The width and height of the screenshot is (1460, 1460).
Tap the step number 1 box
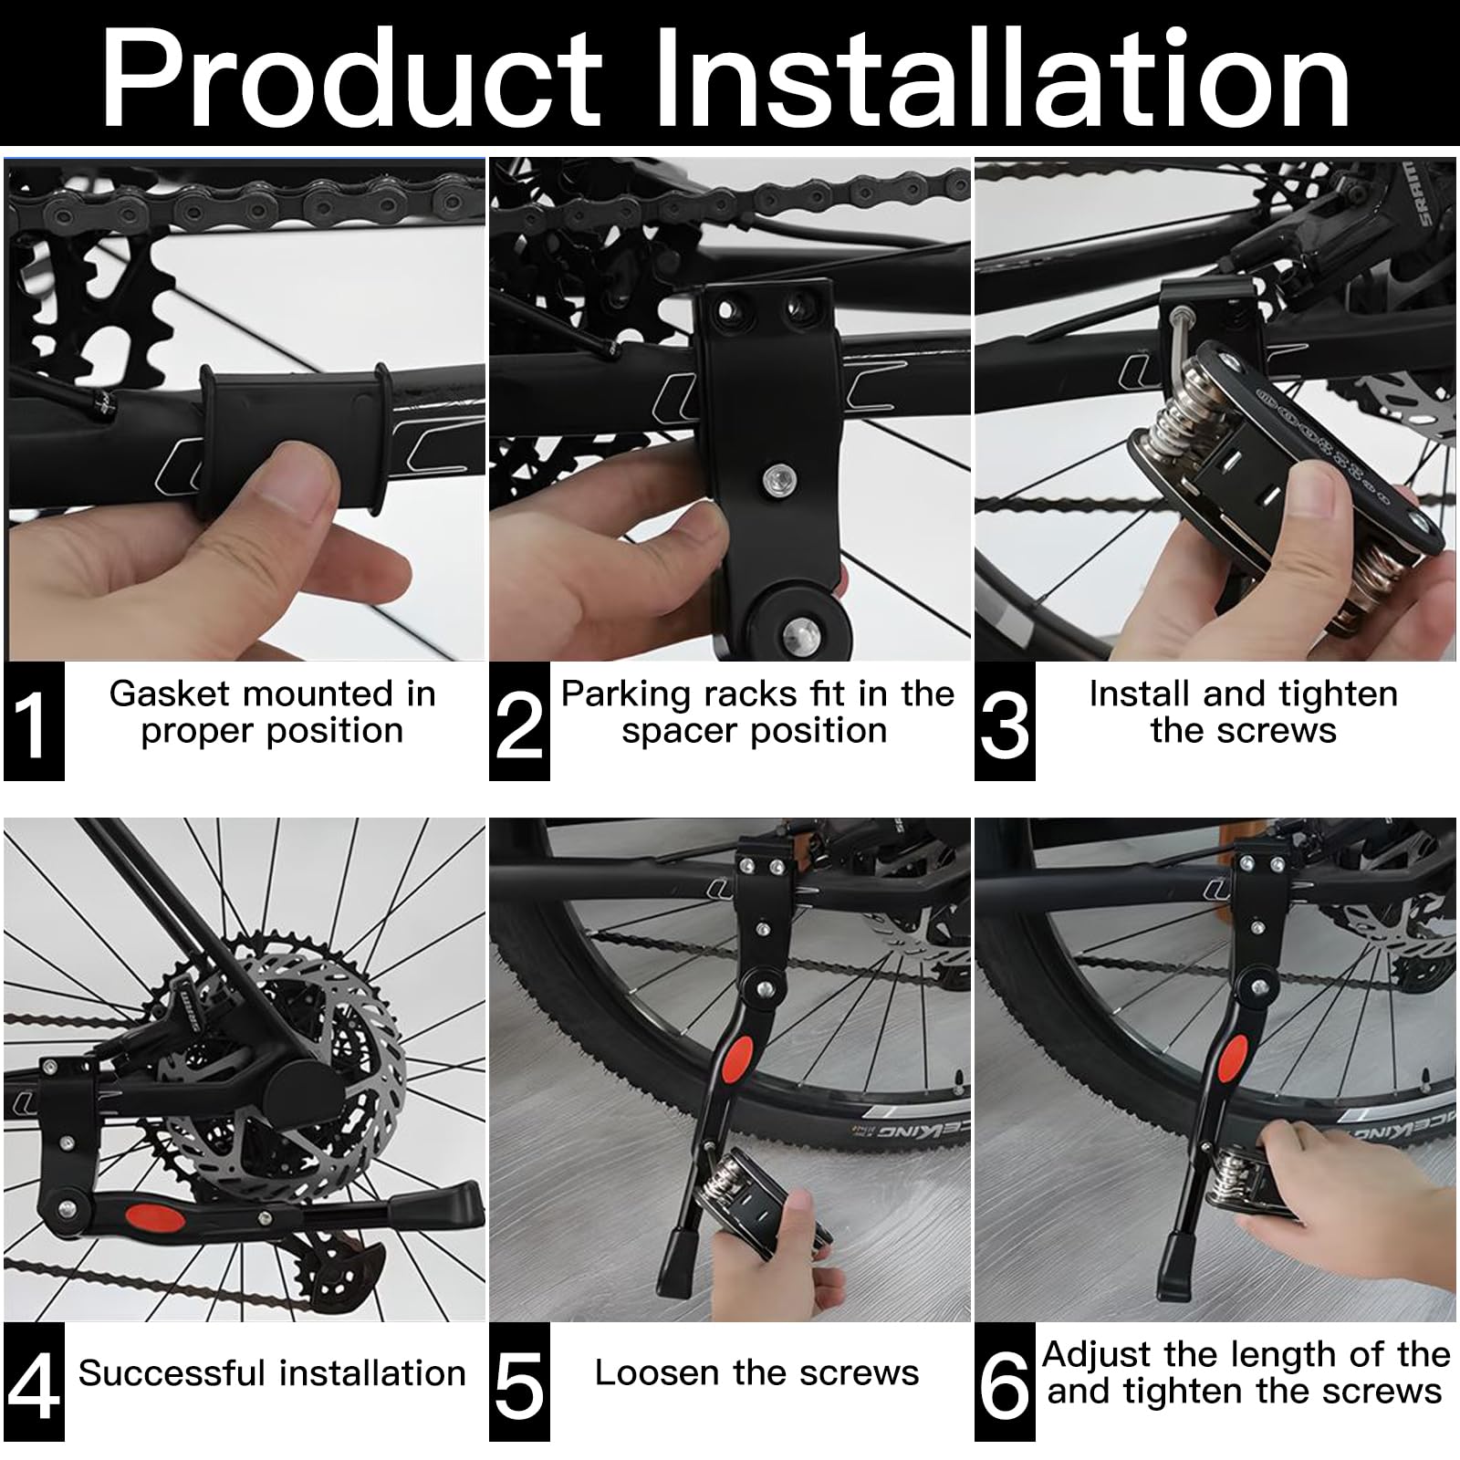(34, 721)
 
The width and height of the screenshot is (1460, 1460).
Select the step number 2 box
(519, 721)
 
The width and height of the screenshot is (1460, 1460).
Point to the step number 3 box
(1005, 721)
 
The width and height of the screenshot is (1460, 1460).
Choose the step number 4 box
(34, 1382)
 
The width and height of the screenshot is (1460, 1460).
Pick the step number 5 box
(519, 1382)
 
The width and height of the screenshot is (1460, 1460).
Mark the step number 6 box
(1005, 1382)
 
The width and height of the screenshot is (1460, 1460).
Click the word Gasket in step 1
(169, 693)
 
